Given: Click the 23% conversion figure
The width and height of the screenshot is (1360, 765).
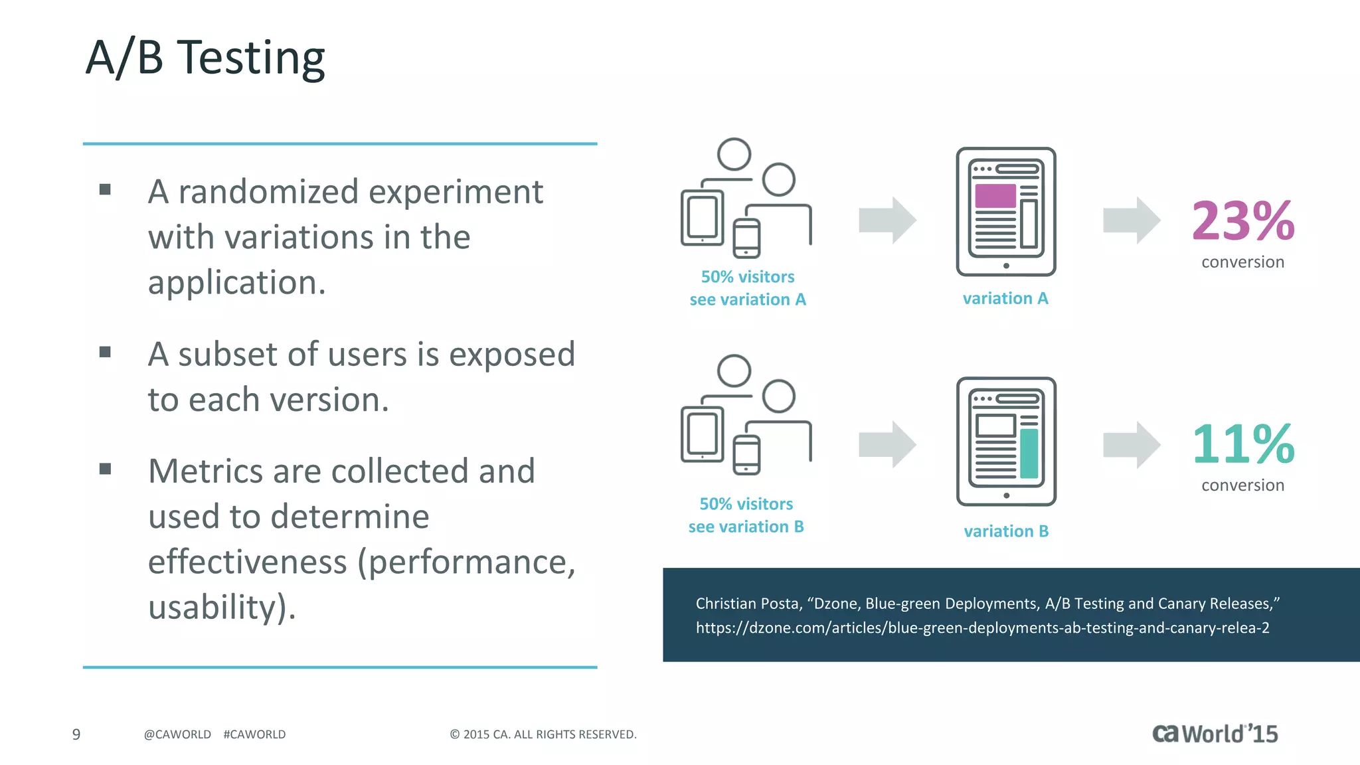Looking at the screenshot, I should (x=1242, y=221).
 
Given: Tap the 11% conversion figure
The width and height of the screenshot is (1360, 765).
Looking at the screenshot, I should (x=1242, y=444).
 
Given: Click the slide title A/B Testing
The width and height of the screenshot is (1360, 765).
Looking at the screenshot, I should (x=205, y=58).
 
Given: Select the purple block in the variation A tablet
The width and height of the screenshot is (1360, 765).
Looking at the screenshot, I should (x=995, y=196).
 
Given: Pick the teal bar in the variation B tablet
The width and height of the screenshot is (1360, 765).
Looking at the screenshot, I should (x=1029, y=453).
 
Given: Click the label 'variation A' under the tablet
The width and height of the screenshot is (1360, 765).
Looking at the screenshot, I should (x=1005, y=299).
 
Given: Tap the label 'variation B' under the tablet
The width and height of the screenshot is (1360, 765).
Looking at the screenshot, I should (x=1006, y=531).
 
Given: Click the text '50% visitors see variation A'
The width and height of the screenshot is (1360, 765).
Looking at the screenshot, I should (x=748, y=288).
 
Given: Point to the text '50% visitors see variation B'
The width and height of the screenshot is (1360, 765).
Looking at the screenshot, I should (x=746, y=515).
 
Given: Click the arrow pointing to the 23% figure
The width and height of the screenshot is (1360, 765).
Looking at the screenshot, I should (x=1131, y=220).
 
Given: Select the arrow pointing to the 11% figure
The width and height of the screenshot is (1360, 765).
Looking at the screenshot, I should (x=1131, y=445).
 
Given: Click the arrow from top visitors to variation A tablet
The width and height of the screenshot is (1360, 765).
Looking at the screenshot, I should (x=887, y=220).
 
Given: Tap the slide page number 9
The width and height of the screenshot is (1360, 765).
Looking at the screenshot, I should (x=76, y=734).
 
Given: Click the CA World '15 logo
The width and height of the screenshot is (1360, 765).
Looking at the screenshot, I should (x=1215, y=734).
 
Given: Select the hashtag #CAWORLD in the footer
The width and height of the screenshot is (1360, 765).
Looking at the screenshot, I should (x=254, y=734).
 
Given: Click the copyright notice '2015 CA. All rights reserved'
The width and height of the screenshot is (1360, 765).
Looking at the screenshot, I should (x=543, y=734).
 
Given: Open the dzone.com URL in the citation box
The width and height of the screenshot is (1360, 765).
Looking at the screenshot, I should (x=982, y=628).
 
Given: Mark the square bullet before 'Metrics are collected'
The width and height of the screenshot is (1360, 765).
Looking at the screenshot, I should (x=105, y=469).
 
